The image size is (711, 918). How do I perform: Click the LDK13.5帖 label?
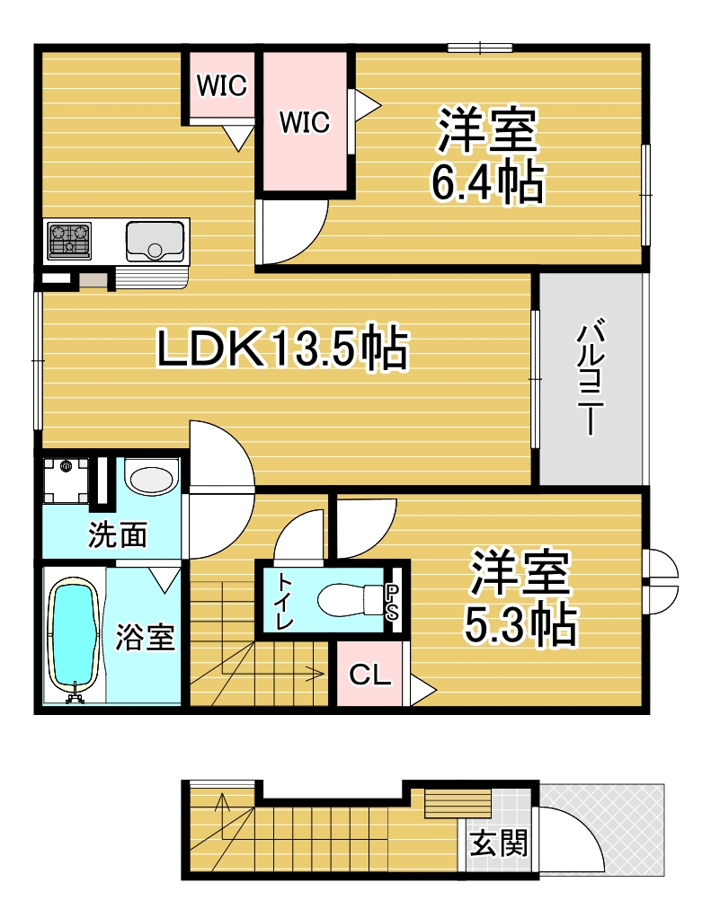coord(282,348)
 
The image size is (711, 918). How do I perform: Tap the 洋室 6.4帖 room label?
coord(487,154)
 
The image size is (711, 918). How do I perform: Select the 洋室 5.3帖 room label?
coord(520,597)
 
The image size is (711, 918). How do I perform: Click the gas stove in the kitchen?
coord(69,241)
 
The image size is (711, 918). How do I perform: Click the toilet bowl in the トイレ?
coord(349,599)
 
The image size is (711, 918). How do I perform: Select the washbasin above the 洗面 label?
coord(152,477)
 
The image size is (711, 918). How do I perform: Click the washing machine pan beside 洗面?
coord(67,480)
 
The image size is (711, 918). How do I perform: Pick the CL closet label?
coord(369,675)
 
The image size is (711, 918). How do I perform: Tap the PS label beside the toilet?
coord(392,603)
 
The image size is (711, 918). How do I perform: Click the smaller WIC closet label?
coord(222,86)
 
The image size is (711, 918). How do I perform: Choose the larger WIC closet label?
coord(305,122)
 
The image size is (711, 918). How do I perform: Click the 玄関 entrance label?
coord(499,843)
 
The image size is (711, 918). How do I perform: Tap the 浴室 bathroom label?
coord(145,637)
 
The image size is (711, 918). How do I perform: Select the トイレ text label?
coord(285,601)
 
